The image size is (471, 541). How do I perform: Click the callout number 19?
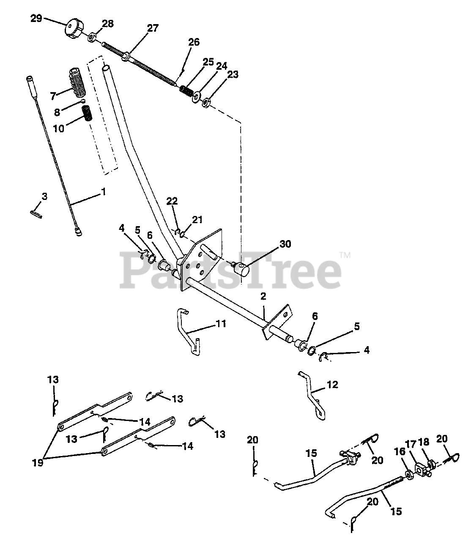(38, 463)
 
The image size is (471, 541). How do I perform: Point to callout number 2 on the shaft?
(263, 297)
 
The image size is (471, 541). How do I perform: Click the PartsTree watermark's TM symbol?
(345, 255)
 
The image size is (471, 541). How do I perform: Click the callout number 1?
(103, 191)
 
